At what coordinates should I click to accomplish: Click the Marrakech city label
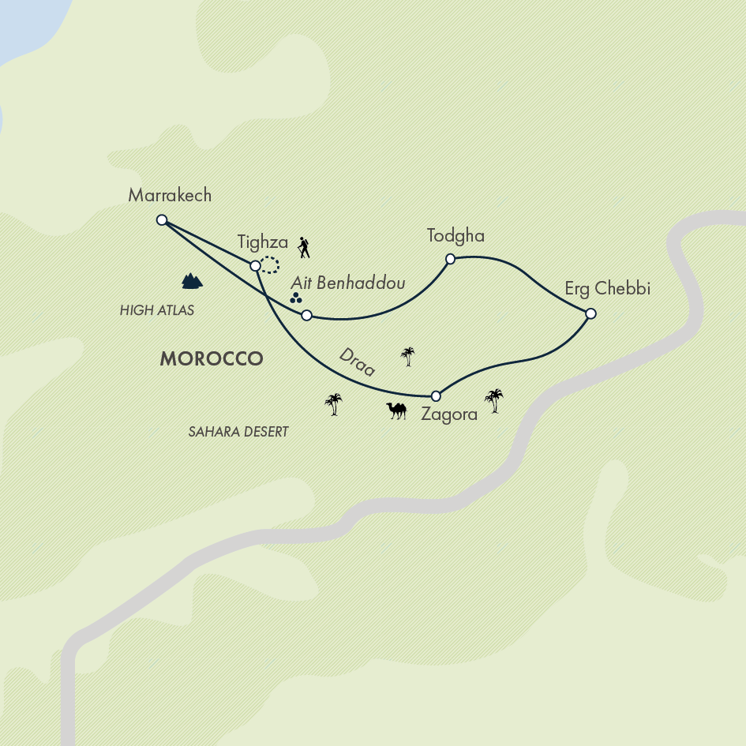point(170,195)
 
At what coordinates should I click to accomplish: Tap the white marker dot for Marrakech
point(162,220)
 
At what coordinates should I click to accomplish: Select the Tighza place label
point(263,243)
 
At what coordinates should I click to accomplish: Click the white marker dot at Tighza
point(255,266)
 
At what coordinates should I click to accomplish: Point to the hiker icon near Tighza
point(304,248)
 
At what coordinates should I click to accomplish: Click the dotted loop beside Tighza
point(270,265)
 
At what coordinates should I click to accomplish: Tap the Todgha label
point(455,235)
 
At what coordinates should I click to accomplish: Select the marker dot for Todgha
point(450,259)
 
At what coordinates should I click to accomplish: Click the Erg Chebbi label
point(607,289)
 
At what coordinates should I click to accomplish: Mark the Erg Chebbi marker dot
point(590,314)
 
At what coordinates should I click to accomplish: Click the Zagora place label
point(449,414)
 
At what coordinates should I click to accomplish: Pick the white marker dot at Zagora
point(435,395)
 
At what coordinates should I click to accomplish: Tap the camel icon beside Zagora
point(396,410)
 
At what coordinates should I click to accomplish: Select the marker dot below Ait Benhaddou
point(307,316)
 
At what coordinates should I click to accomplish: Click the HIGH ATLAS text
point(157,310)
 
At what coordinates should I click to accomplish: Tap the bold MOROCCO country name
point(211,358)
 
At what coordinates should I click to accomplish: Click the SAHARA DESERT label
point(238,432)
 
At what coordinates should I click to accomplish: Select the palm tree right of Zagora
point(494,400)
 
